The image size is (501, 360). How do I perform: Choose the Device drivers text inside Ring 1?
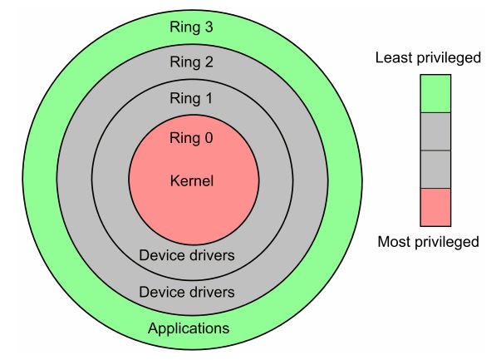pos(188,256)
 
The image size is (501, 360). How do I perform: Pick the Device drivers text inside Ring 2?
pos(188,292)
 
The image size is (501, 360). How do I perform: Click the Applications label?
pos(188,328)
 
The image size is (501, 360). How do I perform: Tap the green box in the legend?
pos(435,93)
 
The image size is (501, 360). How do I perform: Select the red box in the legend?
pos(435,206)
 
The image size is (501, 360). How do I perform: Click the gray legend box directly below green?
pos(435,131)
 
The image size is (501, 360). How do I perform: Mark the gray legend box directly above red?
pos(435,169)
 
